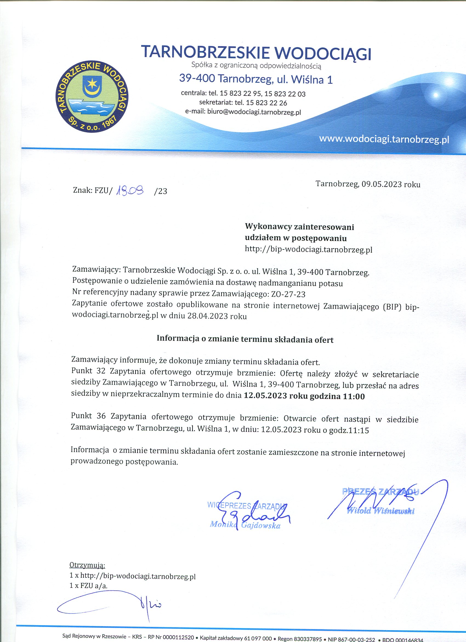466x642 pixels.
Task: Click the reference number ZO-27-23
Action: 288,295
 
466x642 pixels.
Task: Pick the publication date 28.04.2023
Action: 207,316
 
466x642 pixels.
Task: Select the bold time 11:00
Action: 354,396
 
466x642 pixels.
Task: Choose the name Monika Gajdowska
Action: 245,526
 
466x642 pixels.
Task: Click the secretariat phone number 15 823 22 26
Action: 266,102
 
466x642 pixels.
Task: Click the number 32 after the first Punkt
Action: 101,371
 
